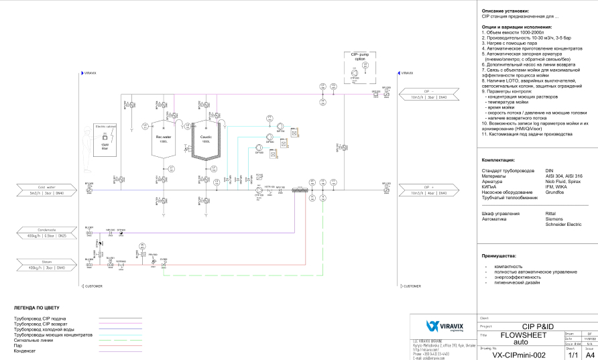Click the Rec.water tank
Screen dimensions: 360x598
[163, 139]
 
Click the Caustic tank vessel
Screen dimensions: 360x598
[205, 140]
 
